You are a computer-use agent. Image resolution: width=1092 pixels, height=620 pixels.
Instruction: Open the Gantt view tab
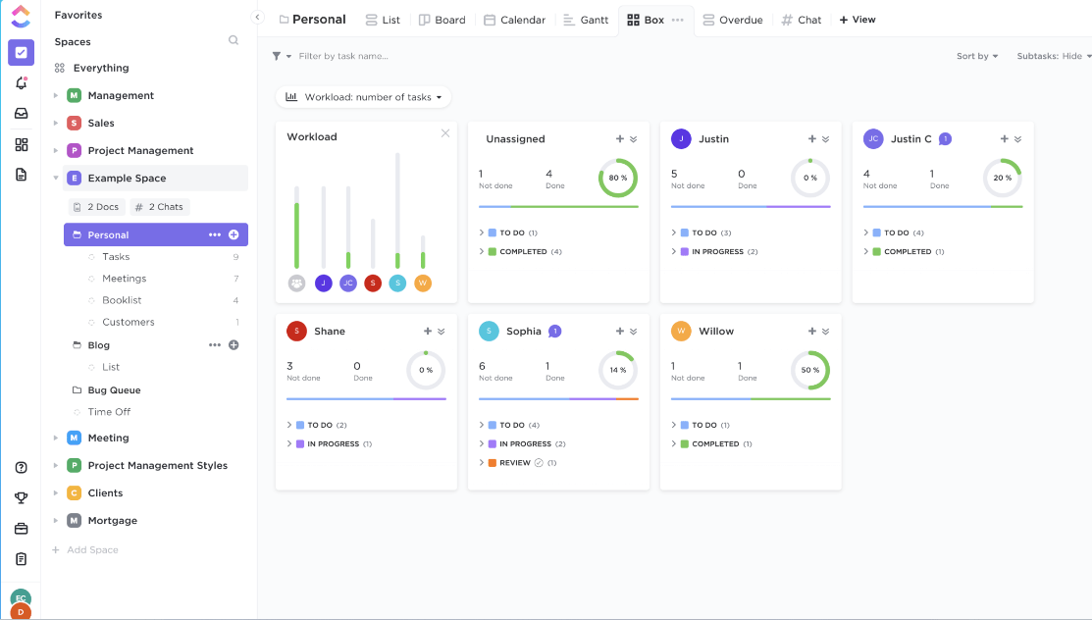pos(586,20)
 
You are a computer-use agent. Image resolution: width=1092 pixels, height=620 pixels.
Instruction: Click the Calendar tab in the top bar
pos(514,20)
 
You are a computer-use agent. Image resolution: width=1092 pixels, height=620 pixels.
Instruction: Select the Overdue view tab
pos(734,20)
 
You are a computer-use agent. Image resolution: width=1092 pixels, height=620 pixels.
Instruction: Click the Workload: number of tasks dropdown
pos(363,97)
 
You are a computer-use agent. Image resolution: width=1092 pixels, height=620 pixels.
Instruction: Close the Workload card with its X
pos(445,133)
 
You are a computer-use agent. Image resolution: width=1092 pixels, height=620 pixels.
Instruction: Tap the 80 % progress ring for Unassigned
pos(617,179)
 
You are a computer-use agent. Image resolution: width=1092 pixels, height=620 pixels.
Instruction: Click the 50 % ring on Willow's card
pos(809,371)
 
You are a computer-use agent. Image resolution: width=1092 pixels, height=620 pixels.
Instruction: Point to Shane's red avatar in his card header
pos(296,332)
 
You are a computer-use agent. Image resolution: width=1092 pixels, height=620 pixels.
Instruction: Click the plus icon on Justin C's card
pos(1004,139)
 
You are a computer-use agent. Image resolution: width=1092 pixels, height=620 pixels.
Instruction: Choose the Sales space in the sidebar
pos(101,124)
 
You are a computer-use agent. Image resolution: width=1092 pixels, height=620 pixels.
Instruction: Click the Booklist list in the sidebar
pos(122,300)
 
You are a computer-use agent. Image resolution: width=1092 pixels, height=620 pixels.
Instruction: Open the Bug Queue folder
pos(114,390)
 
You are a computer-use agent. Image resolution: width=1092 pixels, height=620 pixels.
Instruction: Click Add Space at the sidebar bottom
pos(92,550)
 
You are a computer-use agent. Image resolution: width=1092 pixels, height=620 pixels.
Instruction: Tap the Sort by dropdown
pos(976,56)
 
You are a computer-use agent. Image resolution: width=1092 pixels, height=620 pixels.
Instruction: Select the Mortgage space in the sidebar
pos(112,521)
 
